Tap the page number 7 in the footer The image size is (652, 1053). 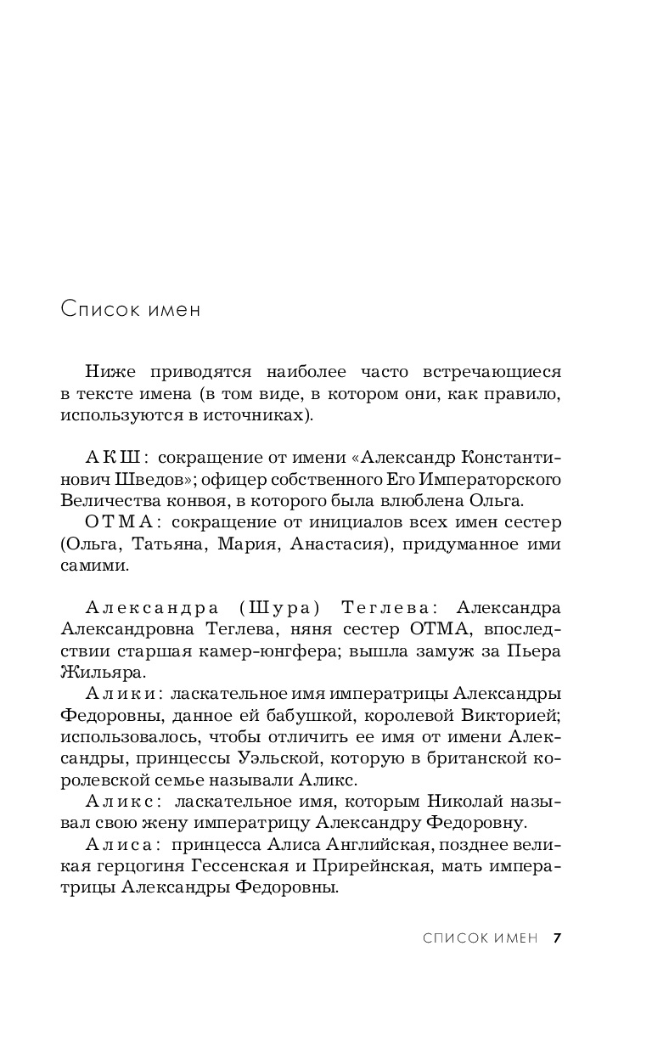[x=557, y=938]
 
